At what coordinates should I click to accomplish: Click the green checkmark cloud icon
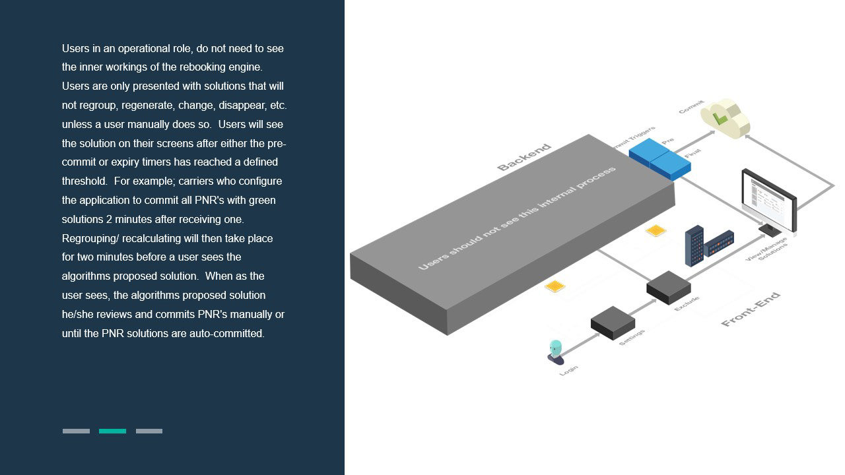click(724, 118)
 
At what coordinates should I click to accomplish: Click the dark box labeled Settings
click(613, 322)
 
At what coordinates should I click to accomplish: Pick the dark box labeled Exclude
click(668, 287)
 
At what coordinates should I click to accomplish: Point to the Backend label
click(524, 158)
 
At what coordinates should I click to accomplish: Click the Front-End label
click(751, 309)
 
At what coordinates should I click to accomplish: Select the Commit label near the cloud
click(691, 107)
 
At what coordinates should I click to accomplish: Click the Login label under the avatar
click(568, 371)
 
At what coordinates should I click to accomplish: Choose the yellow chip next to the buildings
click(656, 230)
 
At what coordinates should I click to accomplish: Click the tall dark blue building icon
click(694, 245)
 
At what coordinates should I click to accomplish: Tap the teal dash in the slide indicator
click(112, 431)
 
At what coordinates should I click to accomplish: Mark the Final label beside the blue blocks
click(693, 154)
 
